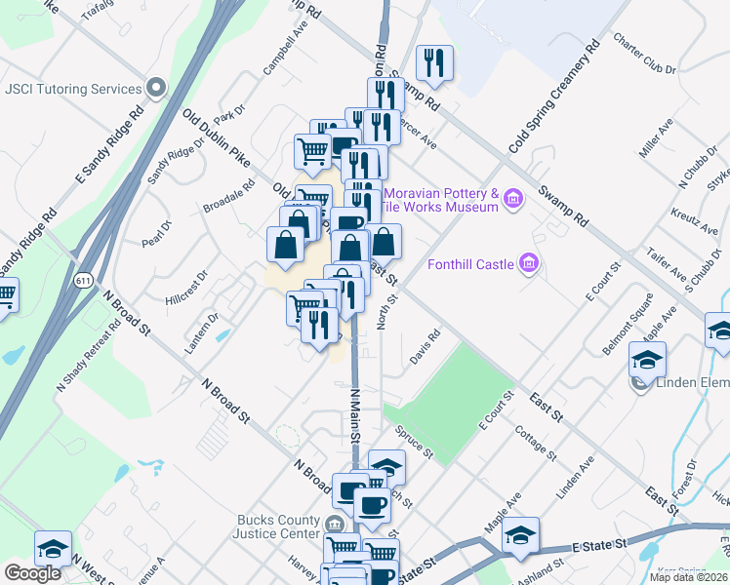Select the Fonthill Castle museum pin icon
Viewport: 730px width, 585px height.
[x=529, y=263]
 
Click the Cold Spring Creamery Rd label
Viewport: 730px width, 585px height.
[x=553, y=97]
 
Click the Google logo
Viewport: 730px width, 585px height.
[x=32, y=572]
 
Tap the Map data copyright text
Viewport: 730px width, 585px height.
[x=688, y=577]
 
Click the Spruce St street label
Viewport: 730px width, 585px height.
[x=414, y=440]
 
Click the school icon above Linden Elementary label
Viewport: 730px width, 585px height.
[x=647, y=359]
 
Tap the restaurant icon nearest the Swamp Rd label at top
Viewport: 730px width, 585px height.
[x=431, y=63]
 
